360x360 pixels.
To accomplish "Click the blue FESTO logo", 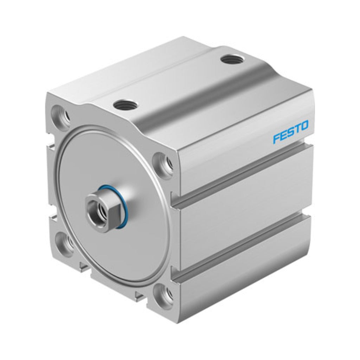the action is click(x=291, y=131).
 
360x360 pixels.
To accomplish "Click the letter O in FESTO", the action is click(x=304, y=126).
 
